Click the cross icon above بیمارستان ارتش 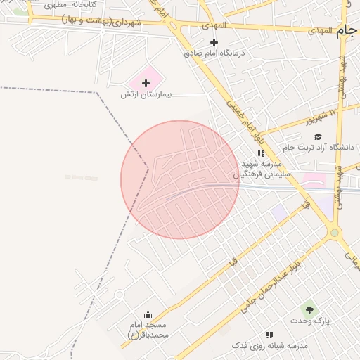pyautogui.click(x=146, y=83)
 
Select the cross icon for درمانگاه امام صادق pyautogui.click(x=214, y=42)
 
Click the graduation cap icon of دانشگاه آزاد pyautogui.click(x=318, y=136)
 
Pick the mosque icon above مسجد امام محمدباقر pyautogui.click(x=148, y=314)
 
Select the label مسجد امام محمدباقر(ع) pyautogui.click(x=148, y=330)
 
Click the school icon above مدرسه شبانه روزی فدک pyautogui.click(x=269, y=335)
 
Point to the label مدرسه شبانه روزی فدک pyautogui.click(x=270, y=346)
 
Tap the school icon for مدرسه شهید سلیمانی pyautogui.click(x=260, y=153)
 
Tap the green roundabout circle pyautogui.click(x=335, y=233)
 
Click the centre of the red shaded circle pyautogui.click(x=180, y=179)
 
